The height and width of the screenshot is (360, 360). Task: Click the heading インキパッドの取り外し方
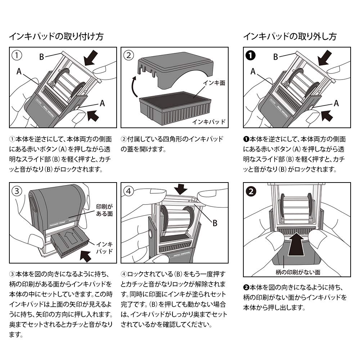[290, 36]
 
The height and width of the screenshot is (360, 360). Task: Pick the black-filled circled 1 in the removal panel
[251, 56]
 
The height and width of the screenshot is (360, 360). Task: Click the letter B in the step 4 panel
[215, 223]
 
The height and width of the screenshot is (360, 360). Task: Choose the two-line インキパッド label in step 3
[105, 248]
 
